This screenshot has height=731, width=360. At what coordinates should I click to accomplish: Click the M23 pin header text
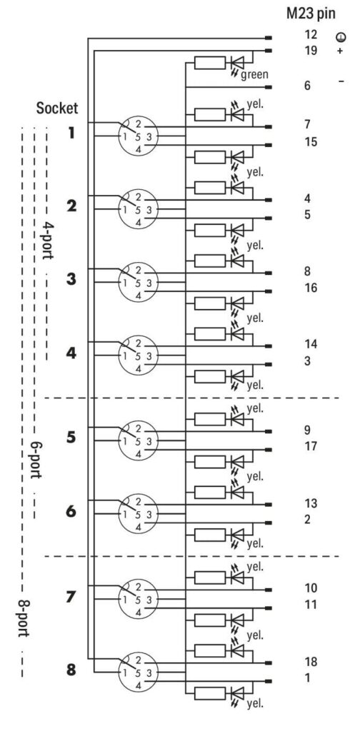[x=311, y=14]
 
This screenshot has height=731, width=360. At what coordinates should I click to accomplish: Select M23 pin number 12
[x=311, y=34]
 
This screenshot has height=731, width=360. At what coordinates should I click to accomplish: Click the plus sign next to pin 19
[x=339, y=51]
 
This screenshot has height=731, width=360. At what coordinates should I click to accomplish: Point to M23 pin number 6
[x=307, y=86]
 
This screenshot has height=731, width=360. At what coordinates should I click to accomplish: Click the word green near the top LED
[x=254, y=74]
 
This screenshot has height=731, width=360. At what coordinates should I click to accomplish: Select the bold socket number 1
[x=71, y=133]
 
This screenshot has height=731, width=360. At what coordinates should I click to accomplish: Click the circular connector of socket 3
[x=138, y=283]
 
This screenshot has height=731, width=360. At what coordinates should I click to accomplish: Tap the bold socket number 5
[x=71, y=438]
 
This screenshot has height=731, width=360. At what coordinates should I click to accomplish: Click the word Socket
[x=57, y=109]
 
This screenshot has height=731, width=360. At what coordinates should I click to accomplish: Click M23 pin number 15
[x=311, y=141]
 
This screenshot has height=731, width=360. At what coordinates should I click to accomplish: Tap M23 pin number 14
[x=311, y=344]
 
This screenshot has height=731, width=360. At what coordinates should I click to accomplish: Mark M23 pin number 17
[x=311, y=446]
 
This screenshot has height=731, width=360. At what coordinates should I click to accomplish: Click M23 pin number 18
[x=311, y=662]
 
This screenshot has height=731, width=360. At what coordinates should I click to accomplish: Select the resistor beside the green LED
[x=210, y=63]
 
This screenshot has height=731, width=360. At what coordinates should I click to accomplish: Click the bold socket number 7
[x=71, y=597]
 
